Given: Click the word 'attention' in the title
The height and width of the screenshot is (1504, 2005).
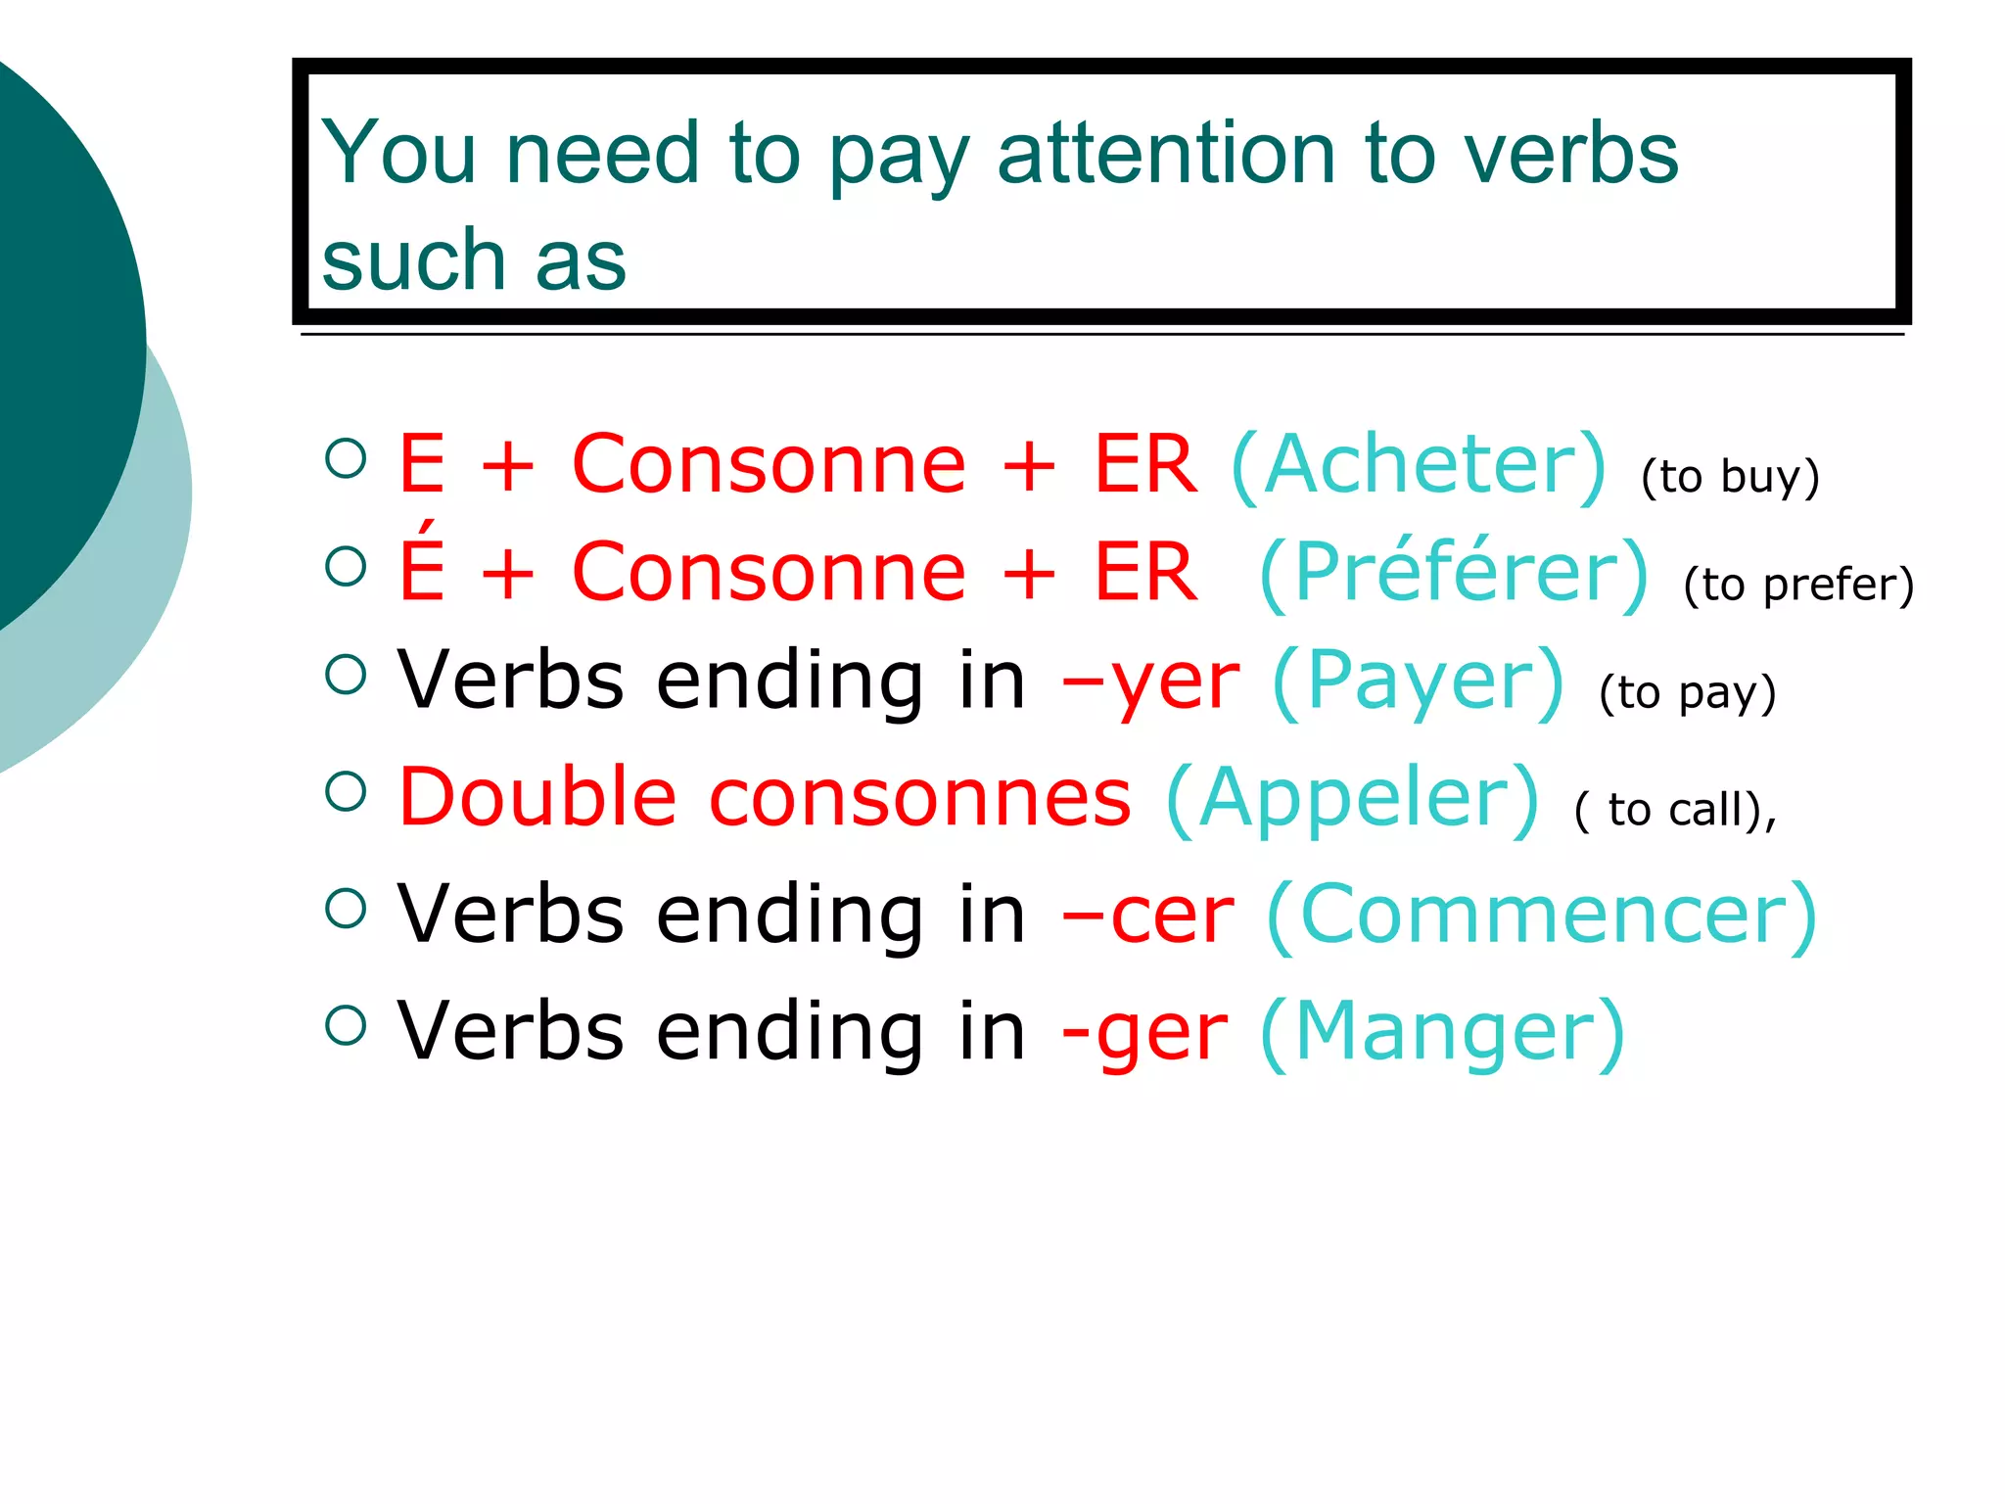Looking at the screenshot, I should pyautogui.click(x=1166, y=154).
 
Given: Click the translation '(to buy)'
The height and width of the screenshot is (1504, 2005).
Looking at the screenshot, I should pyautogui.click(x=1730, y=477).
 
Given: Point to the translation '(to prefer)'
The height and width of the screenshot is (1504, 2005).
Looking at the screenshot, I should pyautogui.click(x=1798, y=585).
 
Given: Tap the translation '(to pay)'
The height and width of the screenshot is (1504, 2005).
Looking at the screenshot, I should pyautogui.click(x=1687, y=693).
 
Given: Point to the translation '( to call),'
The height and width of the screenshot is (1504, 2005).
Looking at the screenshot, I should pyautogui.click(x=1675, y=811).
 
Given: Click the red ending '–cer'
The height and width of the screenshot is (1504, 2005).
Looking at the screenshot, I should pyautogui.click(x=1148, y=915).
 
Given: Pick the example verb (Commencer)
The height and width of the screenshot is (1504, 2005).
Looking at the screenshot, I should pyautogui.click(x=1542, y=915).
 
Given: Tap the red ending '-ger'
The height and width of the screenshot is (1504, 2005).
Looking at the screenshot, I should pyautogui.click(x=1144, y=1034).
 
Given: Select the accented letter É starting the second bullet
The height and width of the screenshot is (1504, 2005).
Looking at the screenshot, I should pyautogui.click(x=422, y=565).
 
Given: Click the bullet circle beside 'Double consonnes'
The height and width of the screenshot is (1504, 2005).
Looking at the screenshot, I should pyautogui.click(x=346, y=791).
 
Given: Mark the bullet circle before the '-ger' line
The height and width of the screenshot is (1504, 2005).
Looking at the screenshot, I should pyautogui.click(x=346, y=1025).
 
